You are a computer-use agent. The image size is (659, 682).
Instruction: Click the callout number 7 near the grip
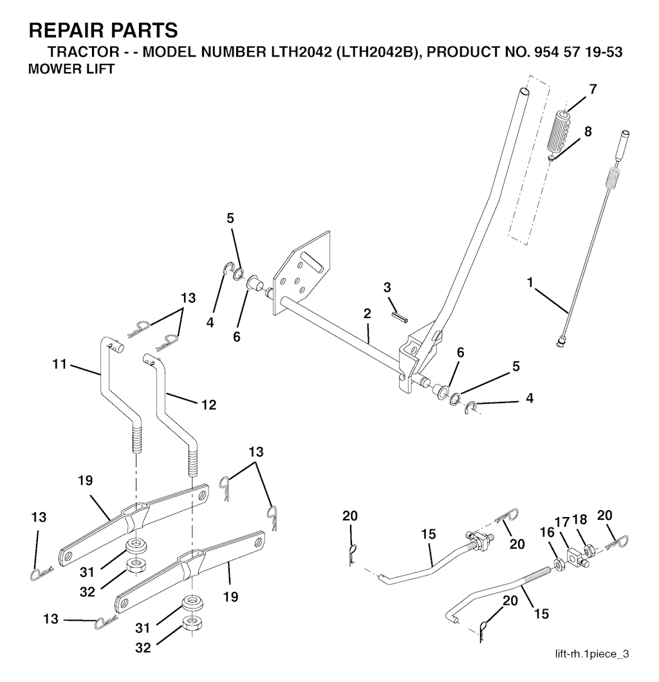(x=593, y=89)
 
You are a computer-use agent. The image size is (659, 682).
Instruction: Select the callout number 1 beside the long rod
(x=530, y=283)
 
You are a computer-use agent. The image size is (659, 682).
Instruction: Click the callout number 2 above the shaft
(x=367, y=314)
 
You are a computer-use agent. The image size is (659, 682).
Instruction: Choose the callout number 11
(x=60, y=364)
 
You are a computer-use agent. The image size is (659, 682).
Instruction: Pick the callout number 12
(x=209, y=405)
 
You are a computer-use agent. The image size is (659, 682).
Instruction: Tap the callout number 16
(x=547, y=533)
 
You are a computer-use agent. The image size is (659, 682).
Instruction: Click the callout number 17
(x=562, y=522)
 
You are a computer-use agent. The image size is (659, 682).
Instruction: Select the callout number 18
(x=580, y=520)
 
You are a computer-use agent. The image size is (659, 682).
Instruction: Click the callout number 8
(x=588, y=131)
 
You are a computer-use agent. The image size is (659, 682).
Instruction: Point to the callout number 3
(x=387, y=287)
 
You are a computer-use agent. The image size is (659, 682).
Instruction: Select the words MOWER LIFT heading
(x=71, y=69)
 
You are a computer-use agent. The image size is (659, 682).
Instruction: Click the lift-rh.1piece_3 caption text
(x=592, y=654)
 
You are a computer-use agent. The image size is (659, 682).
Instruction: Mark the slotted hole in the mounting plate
(x=313, y=260)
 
